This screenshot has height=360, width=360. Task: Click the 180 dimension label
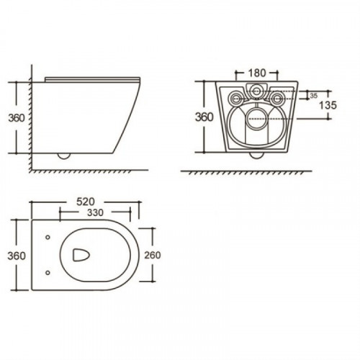tap(257, 73)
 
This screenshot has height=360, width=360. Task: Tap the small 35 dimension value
tap(313, 96)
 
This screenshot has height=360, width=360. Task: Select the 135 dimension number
tap(328, 105)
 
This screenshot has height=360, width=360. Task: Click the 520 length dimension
tap(86, 202)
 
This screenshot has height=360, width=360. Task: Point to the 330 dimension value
tap(95, 212)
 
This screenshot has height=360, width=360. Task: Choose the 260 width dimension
tap(153, 255)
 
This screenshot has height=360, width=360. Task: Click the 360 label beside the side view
tap(17, 118)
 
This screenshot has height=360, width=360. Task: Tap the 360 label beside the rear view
tap(204, 117)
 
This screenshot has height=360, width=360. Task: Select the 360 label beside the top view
tap(17, 256)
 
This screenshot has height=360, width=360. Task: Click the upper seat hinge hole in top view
tap(48, 237)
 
